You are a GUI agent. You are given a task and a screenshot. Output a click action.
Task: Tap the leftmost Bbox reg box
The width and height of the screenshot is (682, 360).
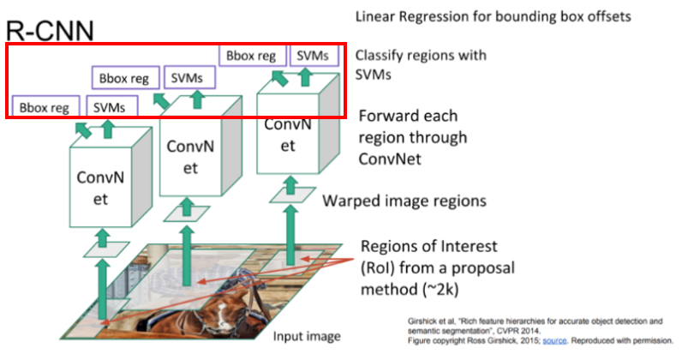pyautogui.click(x=44, y=107)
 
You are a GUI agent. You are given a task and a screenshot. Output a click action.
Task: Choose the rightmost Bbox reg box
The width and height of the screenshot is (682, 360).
pyautogui.click(x=252, y=56)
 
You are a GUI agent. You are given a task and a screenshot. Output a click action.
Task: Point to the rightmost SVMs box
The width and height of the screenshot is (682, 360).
pyautogui.click(x=312, y=56)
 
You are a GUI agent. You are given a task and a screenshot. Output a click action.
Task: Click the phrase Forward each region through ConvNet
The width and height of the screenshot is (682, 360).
pyautogui.click(x=412, y=137)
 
